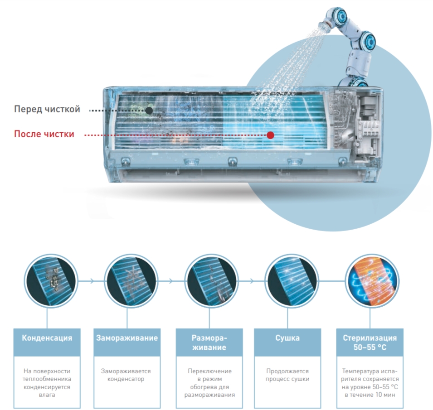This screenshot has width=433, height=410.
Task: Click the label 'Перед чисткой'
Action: (x=47, y=109)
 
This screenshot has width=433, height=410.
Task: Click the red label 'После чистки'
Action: (x=44, y=134)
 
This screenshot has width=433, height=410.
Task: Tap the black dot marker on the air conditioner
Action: (x=149, y=111)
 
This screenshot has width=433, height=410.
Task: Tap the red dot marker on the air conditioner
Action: (x=271, y=135)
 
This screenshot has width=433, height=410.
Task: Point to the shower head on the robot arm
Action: (x=325, y=26)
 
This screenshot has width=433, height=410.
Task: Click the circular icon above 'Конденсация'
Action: (x=50, y=281)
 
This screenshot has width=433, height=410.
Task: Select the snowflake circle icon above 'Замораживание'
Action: (x=131, y=281)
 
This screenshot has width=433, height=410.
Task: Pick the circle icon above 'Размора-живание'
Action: (x=211, y=281)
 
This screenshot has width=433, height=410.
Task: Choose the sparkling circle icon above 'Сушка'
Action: (x=291, y=281)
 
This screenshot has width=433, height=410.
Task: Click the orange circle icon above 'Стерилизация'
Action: (x=371, y=281)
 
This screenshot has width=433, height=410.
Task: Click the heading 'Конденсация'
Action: (x=47, y=338)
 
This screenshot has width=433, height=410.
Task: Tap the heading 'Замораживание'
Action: (x=127, y=338)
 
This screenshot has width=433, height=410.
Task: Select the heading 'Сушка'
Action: (x=287, y=338)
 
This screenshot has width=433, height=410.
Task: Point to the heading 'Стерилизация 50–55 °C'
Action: (x=370, y=342)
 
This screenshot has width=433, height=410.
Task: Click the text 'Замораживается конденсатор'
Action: (x=126, y=375)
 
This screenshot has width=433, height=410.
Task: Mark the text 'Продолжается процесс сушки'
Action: (x=287, y=375)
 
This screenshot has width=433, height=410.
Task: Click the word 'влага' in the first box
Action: (x=47, y=395)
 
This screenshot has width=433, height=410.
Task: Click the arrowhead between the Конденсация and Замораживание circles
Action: (x=92, y=281)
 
